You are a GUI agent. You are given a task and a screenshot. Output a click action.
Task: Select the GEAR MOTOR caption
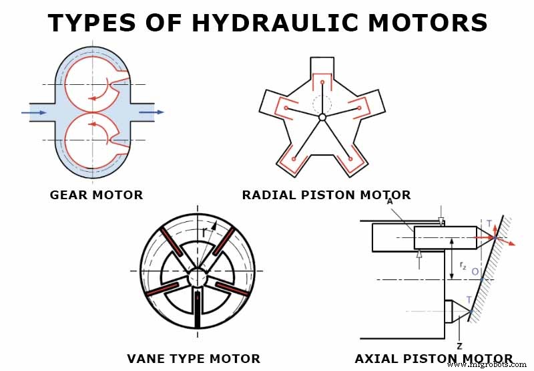96,195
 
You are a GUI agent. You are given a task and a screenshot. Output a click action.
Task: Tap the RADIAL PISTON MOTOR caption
326,195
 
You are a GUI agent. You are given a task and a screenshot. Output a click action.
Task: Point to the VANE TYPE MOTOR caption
194,359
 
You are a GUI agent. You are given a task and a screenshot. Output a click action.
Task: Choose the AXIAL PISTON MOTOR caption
434,359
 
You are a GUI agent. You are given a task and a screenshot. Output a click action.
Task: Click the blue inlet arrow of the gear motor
33,112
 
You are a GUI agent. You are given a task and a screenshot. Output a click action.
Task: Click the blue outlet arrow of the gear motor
152,112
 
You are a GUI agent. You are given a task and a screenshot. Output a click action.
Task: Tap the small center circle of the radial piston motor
322,117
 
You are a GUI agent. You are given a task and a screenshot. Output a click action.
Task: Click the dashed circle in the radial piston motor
322,104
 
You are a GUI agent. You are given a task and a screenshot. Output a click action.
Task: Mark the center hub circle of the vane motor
198,277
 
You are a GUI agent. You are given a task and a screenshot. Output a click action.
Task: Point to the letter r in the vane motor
204,232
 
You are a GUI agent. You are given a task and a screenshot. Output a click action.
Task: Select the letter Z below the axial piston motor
459,346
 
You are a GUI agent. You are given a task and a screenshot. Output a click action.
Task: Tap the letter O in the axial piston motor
474,271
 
